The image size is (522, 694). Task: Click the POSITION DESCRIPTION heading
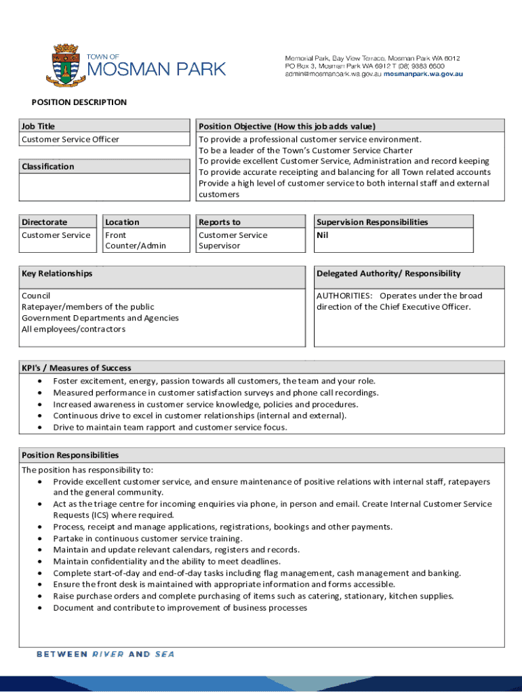click(x=79, y=102)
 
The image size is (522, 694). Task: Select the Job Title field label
click(x=39, y=126)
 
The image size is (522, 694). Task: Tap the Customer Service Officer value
click(x=71, y=139)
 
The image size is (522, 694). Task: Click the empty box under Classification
click(x=104, y=186)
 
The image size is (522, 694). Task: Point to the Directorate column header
click(x=45, y=222)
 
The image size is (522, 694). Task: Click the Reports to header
click(x=220, y=222)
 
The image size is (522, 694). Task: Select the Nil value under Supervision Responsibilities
click(x=323, y=235)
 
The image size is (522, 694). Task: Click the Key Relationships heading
click(x=57, y=273)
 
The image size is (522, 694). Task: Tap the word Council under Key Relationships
click(x=36, y=295)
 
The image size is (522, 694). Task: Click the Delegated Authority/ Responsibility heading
click(x=388, y=273)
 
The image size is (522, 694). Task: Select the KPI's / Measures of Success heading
click(x=77, y=368)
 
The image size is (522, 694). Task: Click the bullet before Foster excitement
click(x=41, y=381)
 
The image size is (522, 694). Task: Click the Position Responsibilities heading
click(x=71, y=455)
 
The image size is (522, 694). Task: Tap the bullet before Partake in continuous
click(x=41, y=538)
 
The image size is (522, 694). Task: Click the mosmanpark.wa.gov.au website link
click(x=424, y=74)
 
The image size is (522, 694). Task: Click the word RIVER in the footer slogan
click(x=108, y=654)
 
